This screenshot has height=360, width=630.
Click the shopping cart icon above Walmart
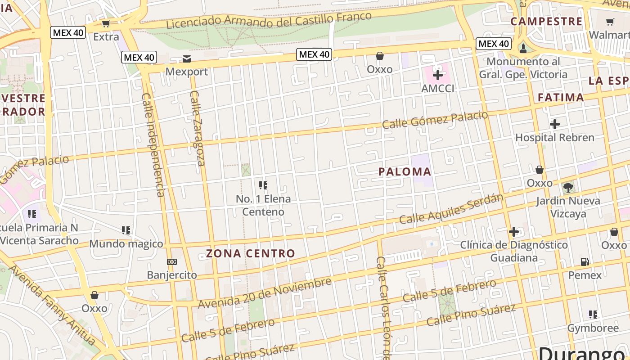tap(610, 22)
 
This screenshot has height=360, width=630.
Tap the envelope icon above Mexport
tap(187, 59)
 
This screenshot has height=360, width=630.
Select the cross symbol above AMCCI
tap(437, 75)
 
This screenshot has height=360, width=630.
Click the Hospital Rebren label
tap(554, 137)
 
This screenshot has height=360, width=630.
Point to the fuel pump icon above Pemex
tap(585, 261)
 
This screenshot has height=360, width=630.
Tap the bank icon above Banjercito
tap(172, 262)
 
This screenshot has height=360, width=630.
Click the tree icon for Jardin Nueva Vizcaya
tap(568, 187)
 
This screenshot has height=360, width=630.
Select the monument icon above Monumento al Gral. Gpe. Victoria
tap(523, 48)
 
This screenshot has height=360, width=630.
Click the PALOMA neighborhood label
tap(405, 171)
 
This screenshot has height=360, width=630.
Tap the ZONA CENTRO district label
tap(251, 253)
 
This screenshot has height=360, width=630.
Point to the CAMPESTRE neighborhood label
tap(546, 21)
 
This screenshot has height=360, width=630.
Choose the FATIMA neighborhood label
tap(561, 97)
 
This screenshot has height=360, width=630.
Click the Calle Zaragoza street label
tap(197, 128)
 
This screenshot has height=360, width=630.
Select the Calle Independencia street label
tap(153, 145)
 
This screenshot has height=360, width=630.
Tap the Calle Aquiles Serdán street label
tap(451, 209)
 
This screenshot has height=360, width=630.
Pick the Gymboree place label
tap(593, 328)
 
